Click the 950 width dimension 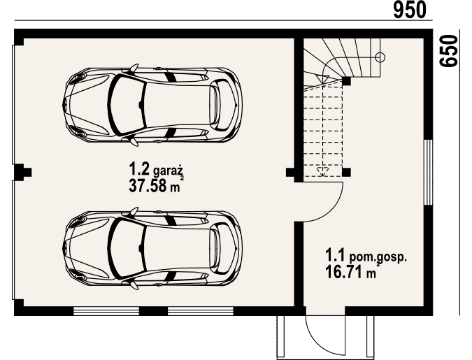point(410,10)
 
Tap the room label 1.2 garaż point(156,169)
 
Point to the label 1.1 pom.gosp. point(366,257)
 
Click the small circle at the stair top point(380,57)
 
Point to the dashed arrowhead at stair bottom point(322,171)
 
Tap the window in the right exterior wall point(428,173)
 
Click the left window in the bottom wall point(106,311)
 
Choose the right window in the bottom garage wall point(201,311)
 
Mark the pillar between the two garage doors point(22,172)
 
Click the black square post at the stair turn point(346,81)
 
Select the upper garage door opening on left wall point(13,104)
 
